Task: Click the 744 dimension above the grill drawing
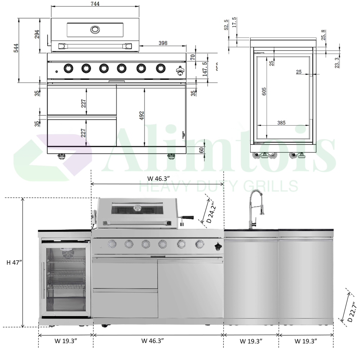[x=95, y=4]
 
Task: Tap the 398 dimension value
[x=163, y=43]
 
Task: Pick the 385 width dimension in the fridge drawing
[x=281, y=123]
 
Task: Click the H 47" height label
[x=14, y=262]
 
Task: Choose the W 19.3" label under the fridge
[x=65, y=340]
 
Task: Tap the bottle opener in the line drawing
[x=180, y=70]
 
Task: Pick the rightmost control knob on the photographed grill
[x=199, y=244]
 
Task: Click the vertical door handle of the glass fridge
[x=44, y=280]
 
